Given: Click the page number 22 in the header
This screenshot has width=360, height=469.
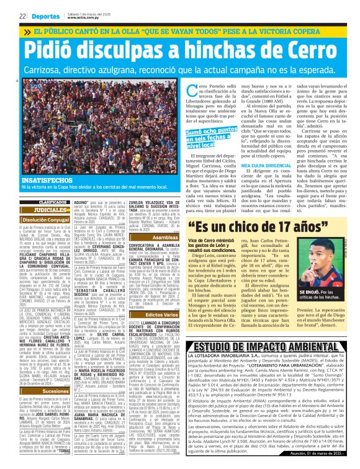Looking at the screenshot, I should click(22, 16).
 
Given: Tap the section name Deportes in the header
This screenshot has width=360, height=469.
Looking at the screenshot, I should click(45, 16).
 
